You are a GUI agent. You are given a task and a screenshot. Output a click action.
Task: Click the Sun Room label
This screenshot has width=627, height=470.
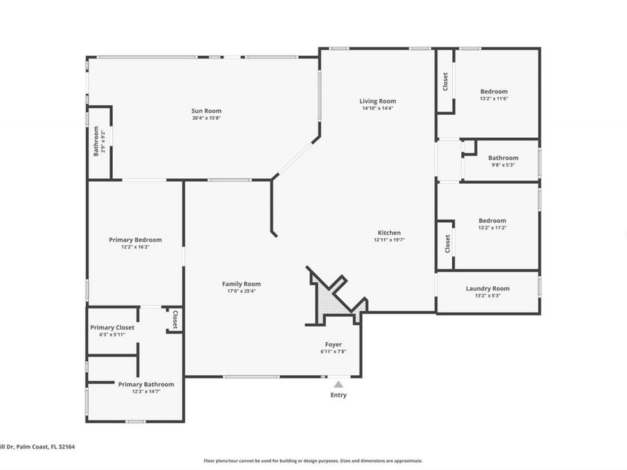206,111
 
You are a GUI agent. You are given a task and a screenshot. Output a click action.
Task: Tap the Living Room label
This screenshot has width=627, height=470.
378,101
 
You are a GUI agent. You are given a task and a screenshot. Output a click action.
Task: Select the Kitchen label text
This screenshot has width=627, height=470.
389,233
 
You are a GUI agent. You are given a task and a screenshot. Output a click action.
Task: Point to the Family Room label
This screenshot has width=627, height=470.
241,283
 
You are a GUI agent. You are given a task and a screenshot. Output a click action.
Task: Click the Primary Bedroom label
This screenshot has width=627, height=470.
135,240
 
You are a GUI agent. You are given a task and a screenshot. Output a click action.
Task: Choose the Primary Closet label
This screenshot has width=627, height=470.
112,327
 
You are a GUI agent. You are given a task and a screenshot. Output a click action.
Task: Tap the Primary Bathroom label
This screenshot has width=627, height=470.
146,384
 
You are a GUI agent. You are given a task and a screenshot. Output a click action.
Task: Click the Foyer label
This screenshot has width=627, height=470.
333,344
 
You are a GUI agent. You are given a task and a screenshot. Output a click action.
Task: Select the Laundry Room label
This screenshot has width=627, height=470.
487,288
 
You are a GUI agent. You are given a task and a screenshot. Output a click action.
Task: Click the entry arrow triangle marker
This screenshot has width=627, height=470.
338,384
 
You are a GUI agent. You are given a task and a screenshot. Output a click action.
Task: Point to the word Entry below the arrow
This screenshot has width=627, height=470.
338,395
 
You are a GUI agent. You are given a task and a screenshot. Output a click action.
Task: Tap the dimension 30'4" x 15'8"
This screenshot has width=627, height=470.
206,118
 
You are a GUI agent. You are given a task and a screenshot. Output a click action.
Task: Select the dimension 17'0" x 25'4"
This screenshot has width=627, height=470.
241,291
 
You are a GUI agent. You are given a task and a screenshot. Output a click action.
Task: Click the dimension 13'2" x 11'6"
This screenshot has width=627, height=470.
493,99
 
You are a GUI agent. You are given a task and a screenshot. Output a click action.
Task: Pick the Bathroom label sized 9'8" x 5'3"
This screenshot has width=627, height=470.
502,158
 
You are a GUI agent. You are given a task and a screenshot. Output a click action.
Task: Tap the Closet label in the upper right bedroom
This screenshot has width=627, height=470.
446,81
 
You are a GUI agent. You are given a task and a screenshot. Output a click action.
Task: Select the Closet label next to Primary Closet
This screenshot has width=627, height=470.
174,319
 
